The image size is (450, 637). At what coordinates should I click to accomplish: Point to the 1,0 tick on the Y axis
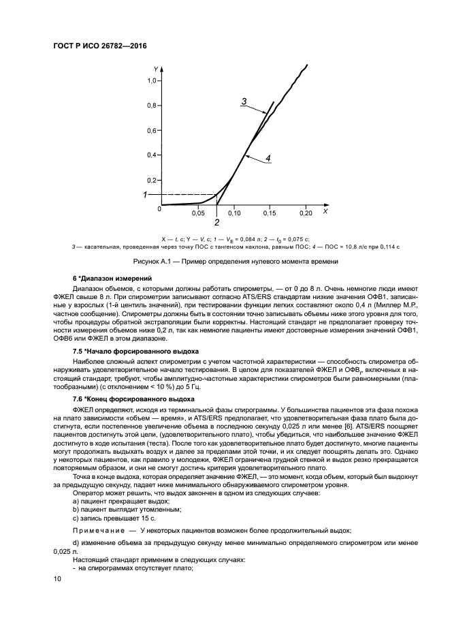(x=152, y=80)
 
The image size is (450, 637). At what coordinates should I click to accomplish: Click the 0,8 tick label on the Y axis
(x=152, y=106)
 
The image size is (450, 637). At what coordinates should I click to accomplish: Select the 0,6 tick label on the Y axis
(x=152, y=130)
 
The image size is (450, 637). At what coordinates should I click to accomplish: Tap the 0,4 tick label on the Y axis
(x=152, y=155)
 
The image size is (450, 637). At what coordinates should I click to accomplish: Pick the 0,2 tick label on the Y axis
(x=152, y=180)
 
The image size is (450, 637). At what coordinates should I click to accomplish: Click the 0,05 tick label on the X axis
(x=197, y=213)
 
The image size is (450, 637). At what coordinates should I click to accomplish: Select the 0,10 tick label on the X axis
(x=234, y=213)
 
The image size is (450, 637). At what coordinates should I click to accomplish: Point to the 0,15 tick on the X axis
(x=270, y=213)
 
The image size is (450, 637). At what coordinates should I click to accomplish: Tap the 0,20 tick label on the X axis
(x=306, y=213)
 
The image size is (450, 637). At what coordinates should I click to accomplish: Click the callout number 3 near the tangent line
(x=243, y=102)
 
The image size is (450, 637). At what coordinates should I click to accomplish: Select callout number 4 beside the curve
(x=268, y=158)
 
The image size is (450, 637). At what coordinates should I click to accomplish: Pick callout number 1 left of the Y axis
(x=144, y=195)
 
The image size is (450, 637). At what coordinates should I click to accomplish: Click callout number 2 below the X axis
(x=216, y=222)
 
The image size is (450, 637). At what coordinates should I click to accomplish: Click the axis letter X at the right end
(x=325, y=212)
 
